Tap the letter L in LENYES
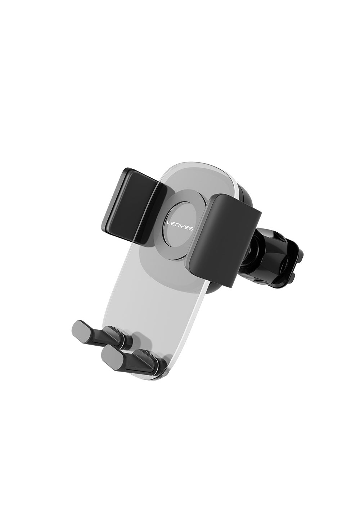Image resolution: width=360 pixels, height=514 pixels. pyautogui.click(x=168, y=223)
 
